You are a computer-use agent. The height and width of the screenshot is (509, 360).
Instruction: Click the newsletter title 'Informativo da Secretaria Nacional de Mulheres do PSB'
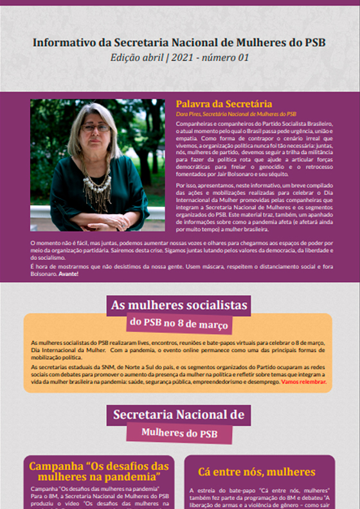pos(179,43)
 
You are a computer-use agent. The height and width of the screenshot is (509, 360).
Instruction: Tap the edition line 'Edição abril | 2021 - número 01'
pos(179,58)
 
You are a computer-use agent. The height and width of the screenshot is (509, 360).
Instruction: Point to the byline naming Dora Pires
pos(236,114)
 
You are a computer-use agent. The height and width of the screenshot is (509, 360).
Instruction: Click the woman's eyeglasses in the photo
pos(96,128)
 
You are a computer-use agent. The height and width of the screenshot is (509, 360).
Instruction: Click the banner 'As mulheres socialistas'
pos(178,305)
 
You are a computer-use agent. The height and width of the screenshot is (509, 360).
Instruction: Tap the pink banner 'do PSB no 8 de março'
pos(178,323)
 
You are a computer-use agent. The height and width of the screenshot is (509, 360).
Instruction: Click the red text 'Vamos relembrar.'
pos(303,382)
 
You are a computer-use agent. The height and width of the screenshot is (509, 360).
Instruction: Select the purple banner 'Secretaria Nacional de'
pos(178,415)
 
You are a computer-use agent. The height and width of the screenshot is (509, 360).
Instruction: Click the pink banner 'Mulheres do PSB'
pos(179,433)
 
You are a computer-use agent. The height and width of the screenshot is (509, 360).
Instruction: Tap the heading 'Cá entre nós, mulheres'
pos(260,472)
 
